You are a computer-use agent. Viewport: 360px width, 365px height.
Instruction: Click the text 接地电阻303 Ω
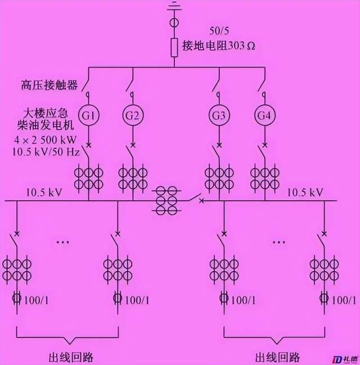point(218,46)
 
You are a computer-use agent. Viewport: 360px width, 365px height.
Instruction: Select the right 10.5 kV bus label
point(305,192)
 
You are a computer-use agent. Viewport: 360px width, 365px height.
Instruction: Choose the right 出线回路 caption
point(277,357)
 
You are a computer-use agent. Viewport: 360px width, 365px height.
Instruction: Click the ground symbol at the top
point(174,7)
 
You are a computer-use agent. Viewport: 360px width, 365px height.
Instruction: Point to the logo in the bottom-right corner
point(343,358)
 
